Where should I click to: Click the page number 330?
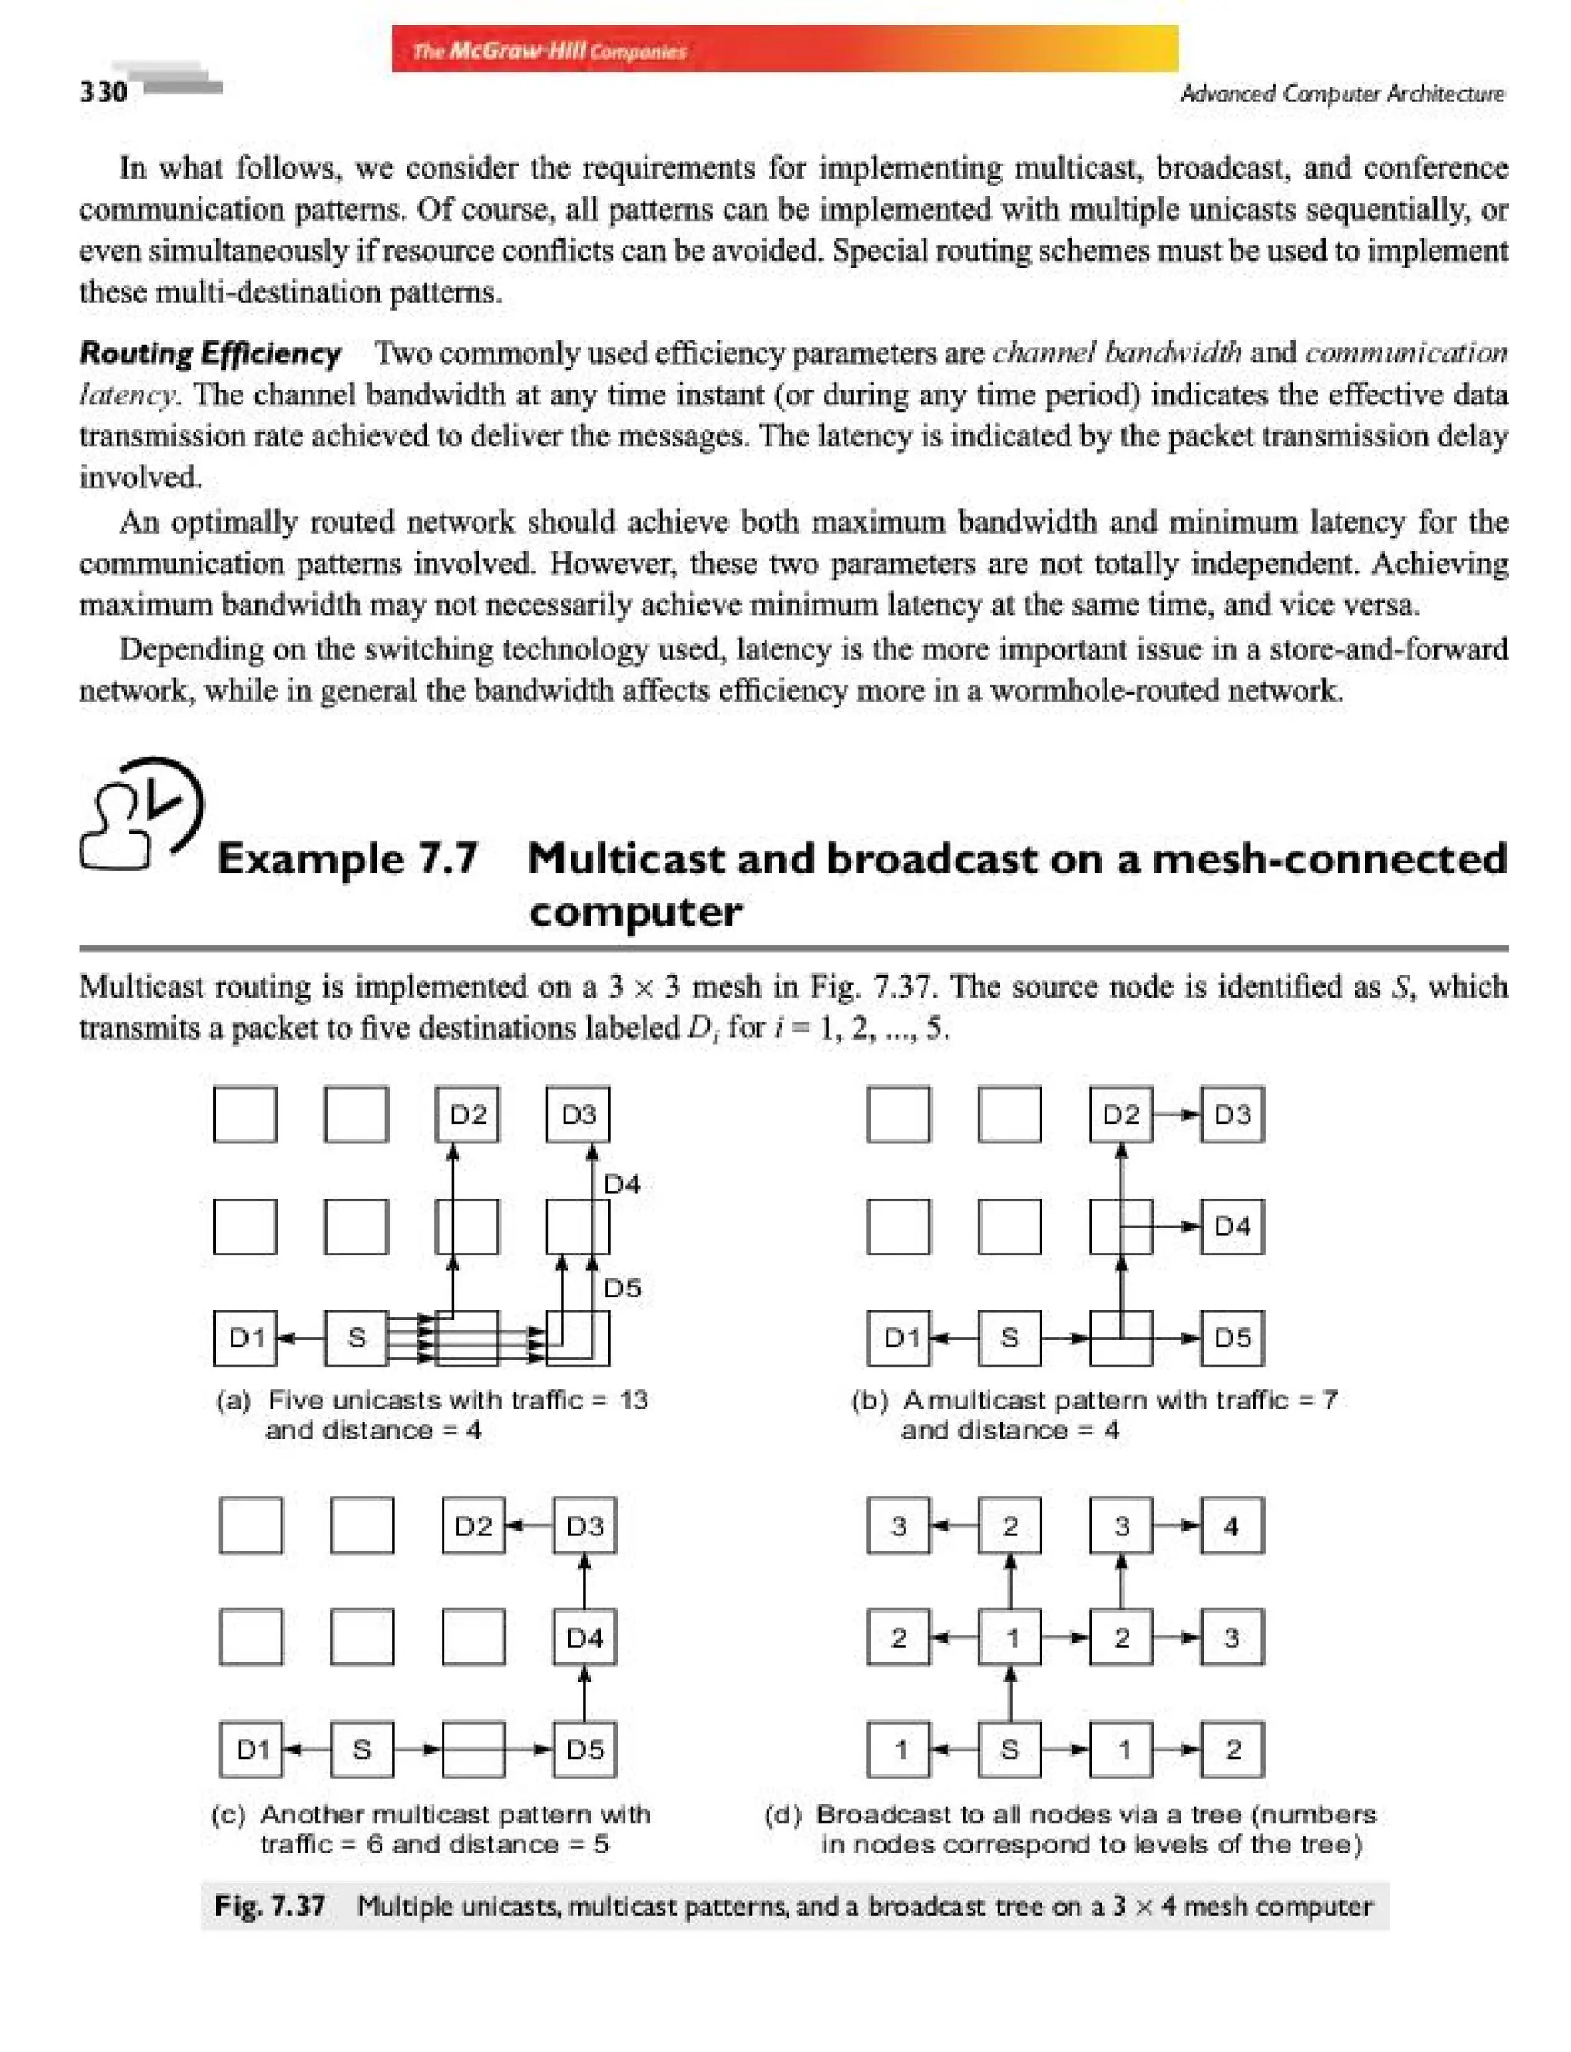103,91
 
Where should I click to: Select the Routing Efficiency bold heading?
210,354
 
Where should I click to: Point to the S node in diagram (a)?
356,1338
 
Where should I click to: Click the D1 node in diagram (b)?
899,1338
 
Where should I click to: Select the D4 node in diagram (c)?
585,1637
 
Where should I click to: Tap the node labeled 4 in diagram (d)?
1231,1526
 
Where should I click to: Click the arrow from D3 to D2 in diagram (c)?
529,1526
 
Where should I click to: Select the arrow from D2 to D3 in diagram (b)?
1177,1114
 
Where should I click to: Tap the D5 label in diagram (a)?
622,1288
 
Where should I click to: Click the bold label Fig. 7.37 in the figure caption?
269,1906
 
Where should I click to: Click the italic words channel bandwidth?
1117,353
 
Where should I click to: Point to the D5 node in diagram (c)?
585,1749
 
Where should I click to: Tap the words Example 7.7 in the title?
347,858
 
